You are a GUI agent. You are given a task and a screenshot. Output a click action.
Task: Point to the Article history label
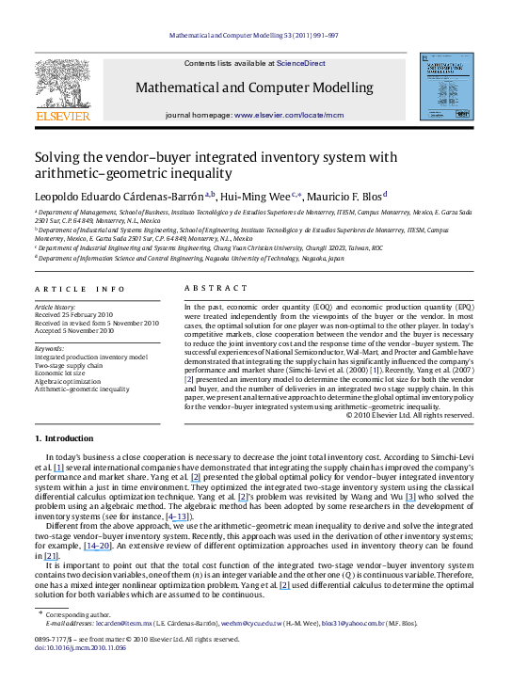click(x=56, y=307)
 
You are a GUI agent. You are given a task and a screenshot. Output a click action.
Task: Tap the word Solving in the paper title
click(x=59, y=158)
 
